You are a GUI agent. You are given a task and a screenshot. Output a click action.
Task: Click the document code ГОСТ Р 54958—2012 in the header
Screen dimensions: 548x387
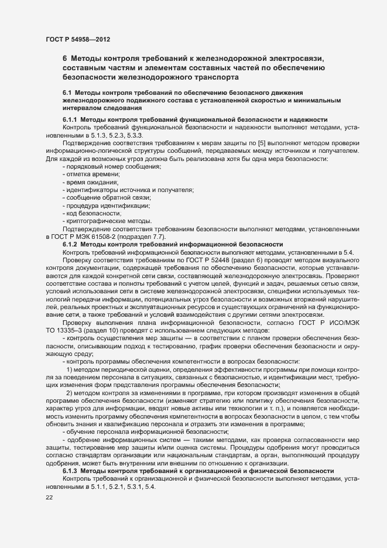point(78,39)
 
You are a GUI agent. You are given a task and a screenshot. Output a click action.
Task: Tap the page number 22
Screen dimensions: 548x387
point(50,497)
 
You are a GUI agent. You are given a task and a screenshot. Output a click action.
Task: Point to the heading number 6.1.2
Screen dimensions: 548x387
point(70,244)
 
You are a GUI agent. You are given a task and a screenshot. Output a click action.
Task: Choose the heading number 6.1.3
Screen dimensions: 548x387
point(70,471)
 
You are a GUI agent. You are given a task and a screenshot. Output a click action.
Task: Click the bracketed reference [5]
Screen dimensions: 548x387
point(235,143)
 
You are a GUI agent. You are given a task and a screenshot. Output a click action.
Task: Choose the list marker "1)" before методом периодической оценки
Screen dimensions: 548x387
point(70,367)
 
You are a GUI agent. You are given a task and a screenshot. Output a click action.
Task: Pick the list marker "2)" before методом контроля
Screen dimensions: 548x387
point(70,393)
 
